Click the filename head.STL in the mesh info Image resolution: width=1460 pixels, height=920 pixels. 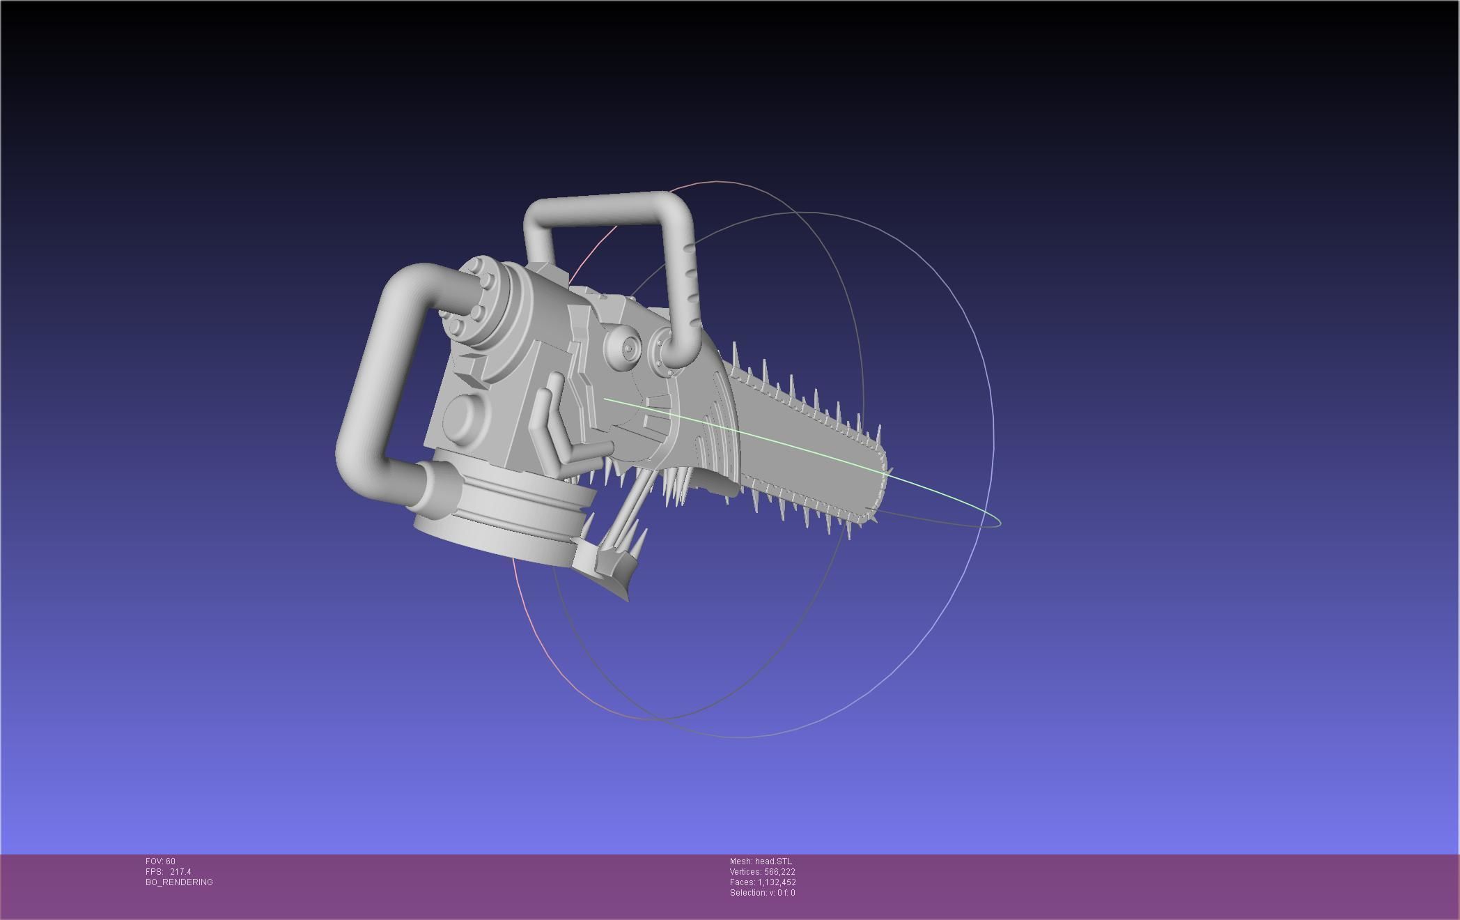[773, 861]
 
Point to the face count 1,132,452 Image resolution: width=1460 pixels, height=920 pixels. [777, 882]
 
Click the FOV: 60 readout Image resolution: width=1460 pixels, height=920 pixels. [160, 861]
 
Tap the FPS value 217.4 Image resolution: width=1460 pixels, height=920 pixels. [180, 871]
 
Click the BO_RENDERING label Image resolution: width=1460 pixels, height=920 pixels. [179, 882]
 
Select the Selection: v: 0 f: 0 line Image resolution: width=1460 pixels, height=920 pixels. [762, 892]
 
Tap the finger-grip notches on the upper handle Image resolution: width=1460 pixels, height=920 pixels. [692, 286]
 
